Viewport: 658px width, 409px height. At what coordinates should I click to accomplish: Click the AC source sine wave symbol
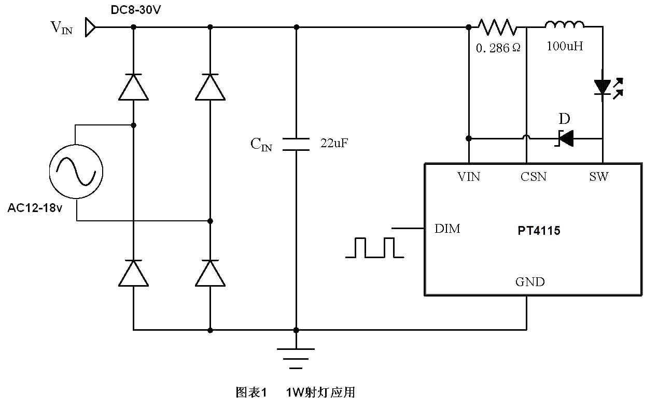[76, 171]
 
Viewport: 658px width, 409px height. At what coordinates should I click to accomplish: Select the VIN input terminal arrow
[90, 27]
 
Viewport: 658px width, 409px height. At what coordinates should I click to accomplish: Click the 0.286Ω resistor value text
[498, 48]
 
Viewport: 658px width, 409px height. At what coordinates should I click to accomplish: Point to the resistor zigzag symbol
[497, 26]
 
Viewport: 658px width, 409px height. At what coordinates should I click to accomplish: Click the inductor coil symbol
[564, 24]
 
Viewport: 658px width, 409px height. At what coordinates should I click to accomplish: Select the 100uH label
[565, 46]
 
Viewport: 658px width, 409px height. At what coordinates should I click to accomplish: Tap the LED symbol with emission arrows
[606, 87]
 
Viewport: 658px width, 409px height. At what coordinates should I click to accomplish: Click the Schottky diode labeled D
[564, 138]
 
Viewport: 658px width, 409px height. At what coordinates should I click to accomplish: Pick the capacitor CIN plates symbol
[296, 144]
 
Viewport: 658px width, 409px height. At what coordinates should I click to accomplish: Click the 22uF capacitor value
[334, 144]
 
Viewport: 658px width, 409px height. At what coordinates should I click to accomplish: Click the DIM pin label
[447, 229]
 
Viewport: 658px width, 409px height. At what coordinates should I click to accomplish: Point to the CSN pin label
[534, 177]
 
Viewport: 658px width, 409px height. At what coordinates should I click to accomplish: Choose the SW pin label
[598, 177]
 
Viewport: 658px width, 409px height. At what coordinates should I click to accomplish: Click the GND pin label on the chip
[530, 282]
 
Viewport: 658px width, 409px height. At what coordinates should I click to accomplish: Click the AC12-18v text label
[35, 208]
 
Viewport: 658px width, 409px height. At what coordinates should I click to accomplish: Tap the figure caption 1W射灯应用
[320, 392]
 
